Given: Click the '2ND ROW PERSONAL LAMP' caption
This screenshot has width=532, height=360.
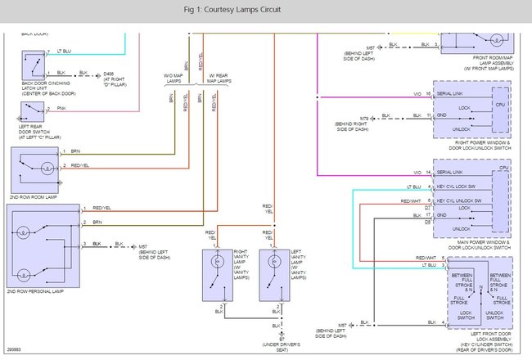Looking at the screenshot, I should click(x=37, y=290).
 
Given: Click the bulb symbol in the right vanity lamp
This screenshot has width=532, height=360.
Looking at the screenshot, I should click(x=217, y=263).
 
